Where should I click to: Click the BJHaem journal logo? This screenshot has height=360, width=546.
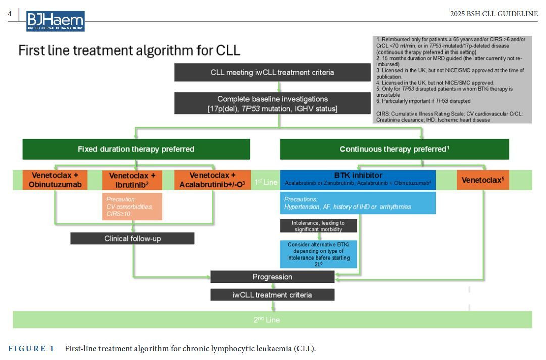[x=56, y=21]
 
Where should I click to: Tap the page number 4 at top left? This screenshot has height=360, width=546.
[x=10, y=14]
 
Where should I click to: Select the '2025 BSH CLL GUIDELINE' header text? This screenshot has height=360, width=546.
[x=493, y=14]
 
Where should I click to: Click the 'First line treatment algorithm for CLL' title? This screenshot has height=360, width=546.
[x=129, y=50]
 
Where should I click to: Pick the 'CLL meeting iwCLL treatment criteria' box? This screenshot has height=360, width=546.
[x=272, y=72]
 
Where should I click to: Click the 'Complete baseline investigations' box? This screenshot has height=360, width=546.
[x=272, y=104]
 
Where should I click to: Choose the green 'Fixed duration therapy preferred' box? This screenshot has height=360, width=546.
[x=136, y=149]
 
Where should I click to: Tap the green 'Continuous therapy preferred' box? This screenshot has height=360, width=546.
[x=394, y=149]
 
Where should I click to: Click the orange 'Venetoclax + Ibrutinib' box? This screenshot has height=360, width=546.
[x=135, y=180]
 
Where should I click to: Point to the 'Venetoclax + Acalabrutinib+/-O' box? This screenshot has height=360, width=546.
[x=212, y=180]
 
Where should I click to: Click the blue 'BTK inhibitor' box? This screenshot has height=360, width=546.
[x=358, y=180]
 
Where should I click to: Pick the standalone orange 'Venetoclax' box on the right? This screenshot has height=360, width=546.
[x=482, y=180]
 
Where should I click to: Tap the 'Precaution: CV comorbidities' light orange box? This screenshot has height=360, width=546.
[x=132, y=207]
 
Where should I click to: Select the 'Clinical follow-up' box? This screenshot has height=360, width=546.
[x=132, y=238]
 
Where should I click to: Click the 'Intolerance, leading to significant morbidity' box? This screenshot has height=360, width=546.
[x=318, y=226]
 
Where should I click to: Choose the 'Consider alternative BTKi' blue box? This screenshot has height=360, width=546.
[x=318, y=254]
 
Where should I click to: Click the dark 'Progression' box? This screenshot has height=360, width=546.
[x=272, y=277]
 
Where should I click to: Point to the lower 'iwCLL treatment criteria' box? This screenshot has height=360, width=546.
[x=272, y=295]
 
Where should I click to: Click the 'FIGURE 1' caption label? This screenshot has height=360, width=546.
[x=31, y=349]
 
